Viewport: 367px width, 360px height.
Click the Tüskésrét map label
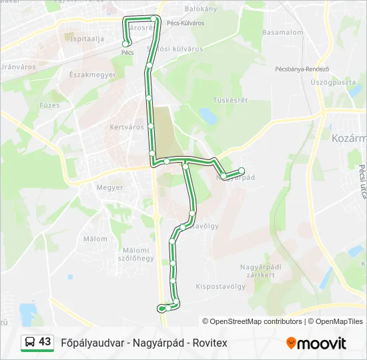230,100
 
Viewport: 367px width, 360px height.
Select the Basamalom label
282,32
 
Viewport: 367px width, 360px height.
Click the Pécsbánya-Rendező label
302,69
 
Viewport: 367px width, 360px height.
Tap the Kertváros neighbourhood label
126,127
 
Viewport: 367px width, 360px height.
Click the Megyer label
109,187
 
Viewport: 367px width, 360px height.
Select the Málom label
95,239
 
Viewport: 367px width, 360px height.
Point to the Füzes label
49,105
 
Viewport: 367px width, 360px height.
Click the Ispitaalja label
87,39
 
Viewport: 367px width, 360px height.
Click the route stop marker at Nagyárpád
241,170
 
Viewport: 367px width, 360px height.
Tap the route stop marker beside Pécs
125,44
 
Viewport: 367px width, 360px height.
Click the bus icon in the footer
30,342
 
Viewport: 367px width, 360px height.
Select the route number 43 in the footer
45,342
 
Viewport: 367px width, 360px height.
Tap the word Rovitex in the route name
210,343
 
